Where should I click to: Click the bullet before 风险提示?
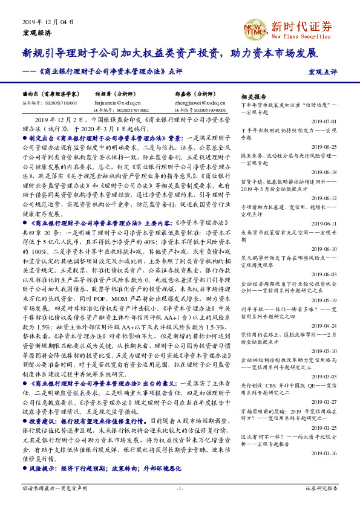click(x=25, y=468)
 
